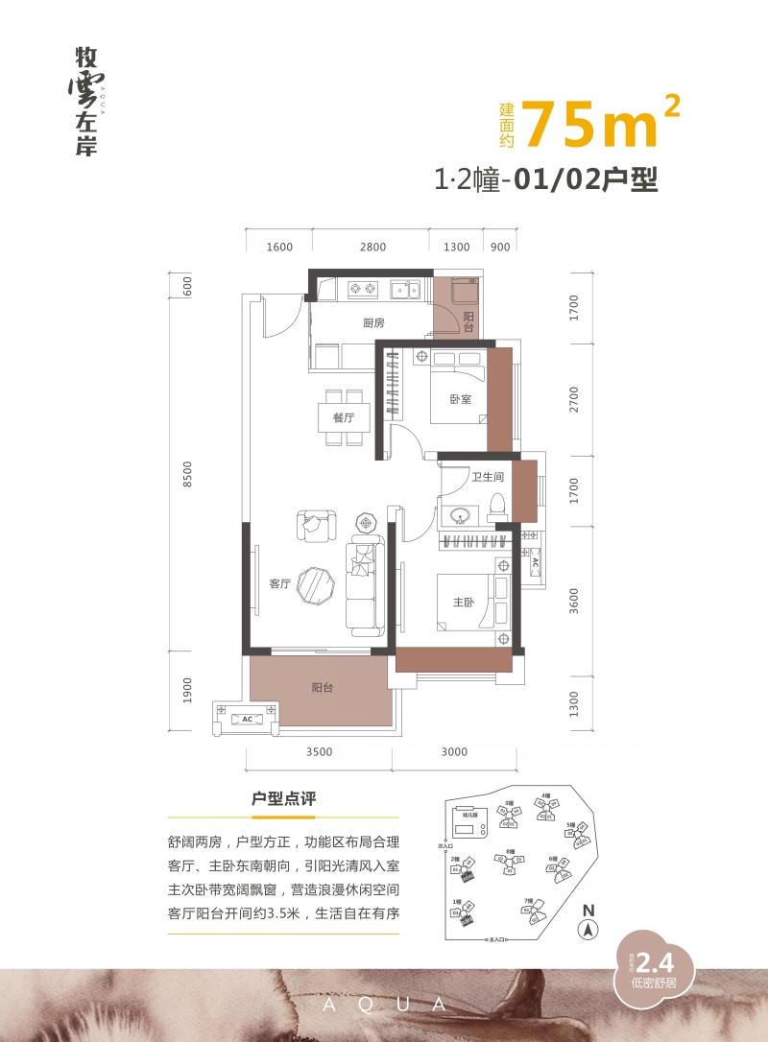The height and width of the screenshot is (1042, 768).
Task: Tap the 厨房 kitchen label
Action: pyautogui.click(x=374, y=323)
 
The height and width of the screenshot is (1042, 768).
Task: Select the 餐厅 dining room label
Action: pyautogui.click(x=344, y=418)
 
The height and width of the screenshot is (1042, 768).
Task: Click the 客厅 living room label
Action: pyautogui.click(x=279, y=583)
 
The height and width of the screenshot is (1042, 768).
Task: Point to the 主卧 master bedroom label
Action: pyautogui.click(x=464, y=603)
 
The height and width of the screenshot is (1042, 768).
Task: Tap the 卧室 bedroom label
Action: pyautogui.click(x=460, y=399)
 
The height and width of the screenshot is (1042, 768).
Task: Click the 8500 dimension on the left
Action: pyautogui.click(x=188, y=474)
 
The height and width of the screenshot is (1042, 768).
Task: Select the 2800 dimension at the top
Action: pyautogui.click(x=372, y=247)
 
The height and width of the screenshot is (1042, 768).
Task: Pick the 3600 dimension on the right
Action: pyautogui.click(x=574, y=600)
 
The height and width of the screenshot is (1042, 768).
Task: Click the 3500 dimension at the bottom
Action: pyautogui.click(x=320, y=751)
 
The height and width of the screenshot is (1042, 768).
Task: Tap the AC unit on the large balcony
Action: pyautogui.click(x=247, y=718)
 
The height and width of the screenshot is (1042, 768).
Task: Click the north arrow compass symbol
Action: pyautogui.click(x=588, y=929)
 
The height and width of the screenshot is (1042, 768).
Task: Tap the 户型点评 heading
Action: pyautogui.click(x=283, y=798)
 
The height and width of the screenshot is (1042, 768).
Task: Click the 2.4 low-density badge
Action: pyautogui.click(x=650, y=962)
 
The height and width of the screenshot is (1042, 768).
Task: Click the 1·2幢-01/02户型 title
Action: pyautogui.click(x=546, y=179)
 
